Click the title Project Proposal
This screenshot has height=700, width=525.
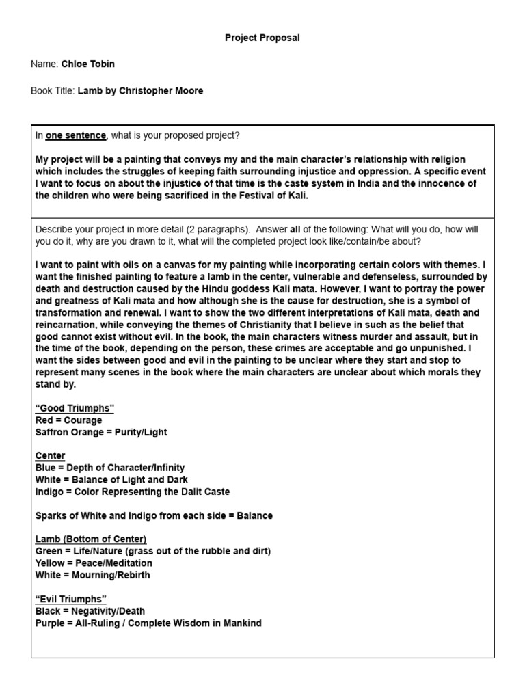coord(262,38)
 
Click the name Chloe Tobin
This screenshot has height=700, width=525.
coord(88,64)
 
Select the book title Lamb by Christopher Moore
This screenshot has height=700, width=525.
coord(140,90)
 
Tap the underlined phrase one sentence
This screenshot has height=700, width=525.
coord(76,135)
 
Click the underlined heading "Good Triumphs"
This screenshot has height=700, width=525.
coord(75,408)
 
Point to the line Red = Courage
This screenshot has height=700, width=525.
coord(68,420)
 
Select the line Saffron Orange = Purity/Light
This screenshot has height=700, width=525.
coord(101,433)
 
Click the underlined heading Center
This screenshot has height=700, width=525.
coord(50,456)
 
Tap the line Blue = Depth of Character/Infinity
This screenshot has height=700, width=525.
coord(110,468)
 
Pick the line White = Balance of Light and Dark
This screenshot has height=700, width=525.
coord(111,480)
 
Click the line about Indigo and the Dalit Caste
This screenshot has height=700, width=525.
coord(133,492)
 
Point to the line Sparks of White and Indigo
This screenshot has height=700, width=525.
coord(154,515)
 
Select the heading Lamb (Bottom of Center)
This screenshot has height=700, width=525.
coord(91,539)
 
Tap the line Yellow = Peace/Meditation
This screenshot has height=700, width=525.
coord(94,563)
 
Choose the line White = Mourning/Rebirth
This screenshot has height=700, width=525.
coord(93,575)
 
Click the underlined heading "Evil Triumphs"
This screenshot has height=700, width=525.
coord(71,600)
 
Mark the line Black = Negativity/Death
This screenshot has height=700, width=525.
coord(90,611)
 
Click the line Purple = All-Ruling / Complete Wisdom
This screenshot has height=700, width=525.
coord(148,623)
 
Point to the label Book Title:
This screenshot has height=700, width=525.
coord(53,90)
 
